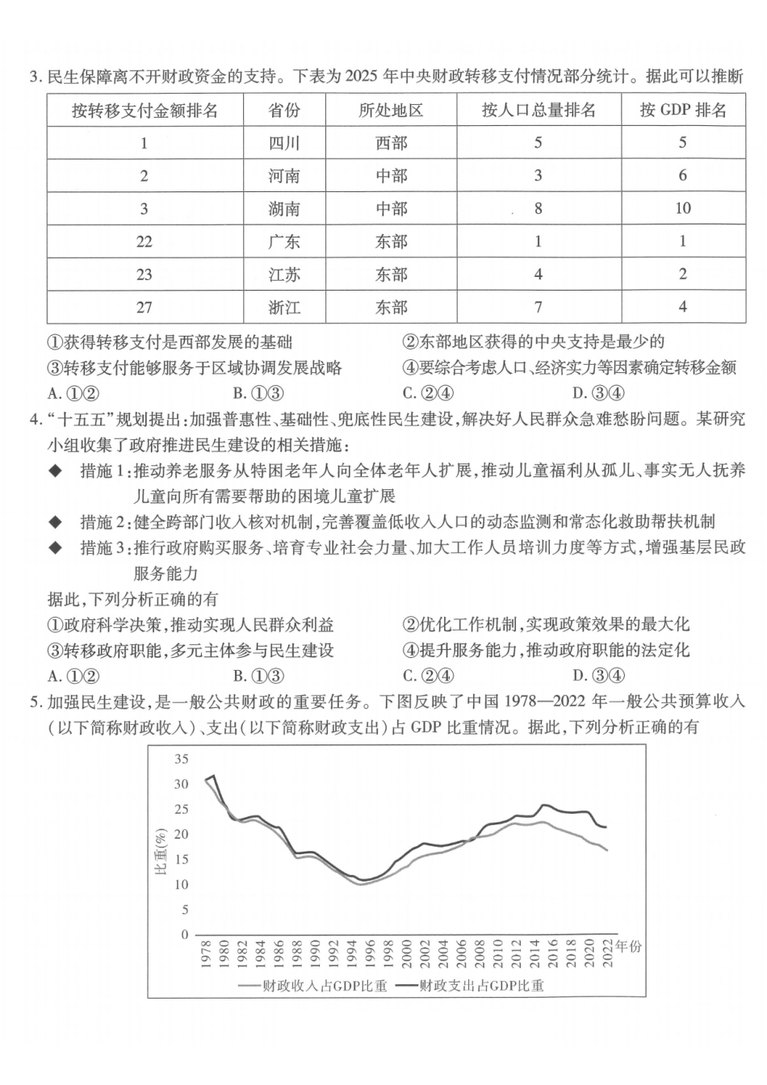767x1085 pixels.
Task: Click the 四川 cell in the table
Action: pyautogui.click(x=284, y=143)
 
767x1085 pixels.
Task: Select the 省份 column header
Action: pyautogui.click(x=284, y=111)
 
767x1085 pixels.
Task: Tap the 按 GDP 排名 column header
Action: pyautogui.click(x=683, y=111)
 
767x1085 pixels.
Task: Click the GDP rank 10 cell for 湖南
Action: pyautogui.click(x=683, y=208)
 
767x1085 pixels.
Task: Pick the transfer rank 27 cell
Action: pyautogui.click(x=145, y=307)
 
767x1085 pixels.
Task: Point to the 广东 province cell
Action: pyautogui.click(x=284, y=241)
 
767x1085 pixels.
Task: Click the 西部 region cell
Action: pyautogui.click(x=392, y=143)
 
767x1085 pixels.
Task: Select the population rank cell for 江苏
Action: pyautogui.click(x=539, y=274)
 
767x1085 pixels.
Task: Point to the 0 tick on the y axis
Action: pyautogui.click(x=185, y=935)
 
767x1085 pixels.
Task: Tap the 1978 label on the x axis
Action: pyautogui.click(x=205, y=953)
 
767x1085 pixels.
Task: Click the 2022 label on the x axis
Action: pyautogui.click(x=608, y=953)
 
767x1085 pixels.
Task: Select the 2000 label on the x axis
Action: pyautogui.click(x=406, y=953)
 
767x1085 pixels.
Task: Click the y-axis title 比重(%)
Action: pyautogui.click(x=160, y=848)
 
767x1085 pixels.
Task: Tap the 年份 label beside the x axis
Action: pyautogui.click(x=628, y=945)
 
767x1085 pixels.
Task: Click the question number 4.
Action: pyautogui.click(x=35, y=419)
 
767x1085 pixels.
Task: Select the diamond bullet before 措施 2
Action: pyautogui.click(x=55, y=522)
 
